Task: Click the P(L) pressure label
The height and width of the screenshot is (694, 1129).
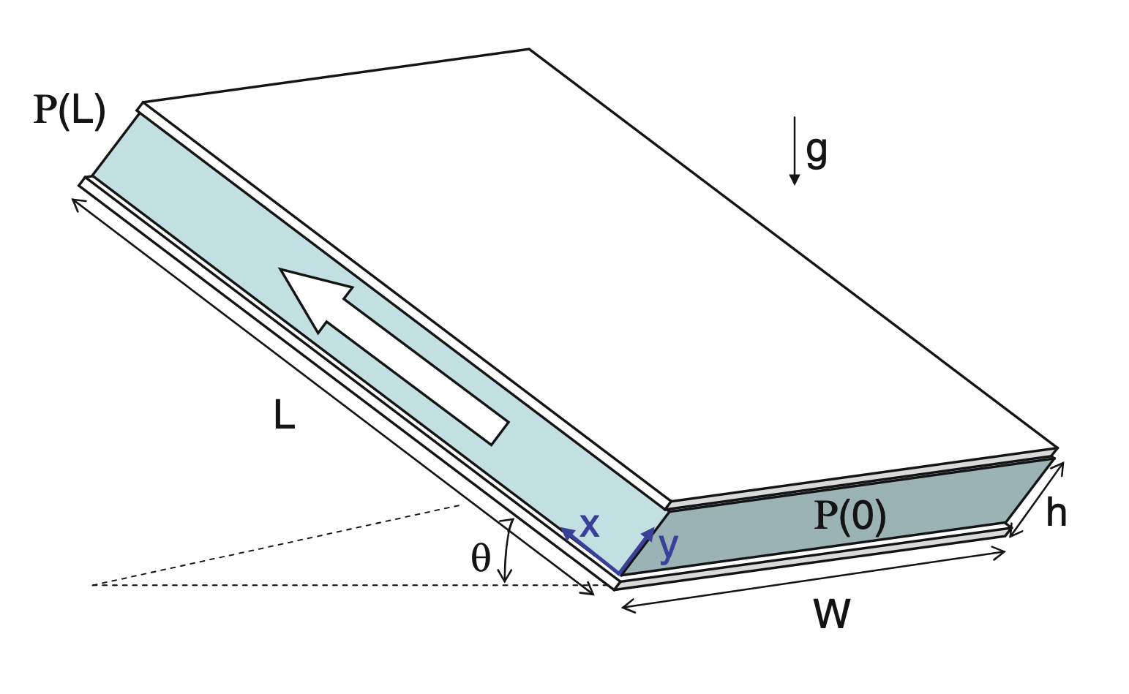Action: click(70, 111)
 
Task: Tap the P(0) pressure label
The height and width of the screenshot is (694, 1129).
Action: click(849, 516)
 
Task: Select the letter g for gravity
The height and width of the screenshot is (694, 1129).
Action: click(817, 150)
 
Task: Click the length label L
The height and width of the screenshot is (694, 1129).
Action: click(283, 415)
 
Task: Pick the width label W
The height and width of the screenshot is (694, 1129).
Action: click(831, 615)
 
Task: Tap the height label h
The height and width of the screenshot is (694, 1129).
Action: click(1056, 513)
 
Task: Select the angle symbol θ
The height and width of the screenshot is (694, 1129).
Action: click(480, 559)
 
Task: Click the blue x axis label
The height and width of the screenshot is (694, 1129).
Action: click(589, 525)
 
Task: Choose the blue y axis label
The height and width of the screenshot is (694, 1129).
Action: click(668, 546)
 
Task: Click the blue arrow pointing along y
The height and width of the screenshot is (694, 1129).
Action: click(637, 550)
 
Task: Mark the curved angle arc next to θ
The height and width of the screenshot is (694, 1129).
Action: click(505, 552)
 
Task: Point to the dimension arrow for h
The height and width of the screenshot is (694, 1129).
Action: click(1037, 499)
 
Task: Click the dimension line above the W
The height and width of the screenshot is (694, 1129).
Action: click(812, 579)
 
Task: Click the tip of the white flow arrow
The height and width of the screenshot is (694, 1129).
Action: click(282, 271)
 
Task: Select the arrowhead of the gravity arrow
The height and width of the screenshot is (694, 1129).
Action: click(795, 179)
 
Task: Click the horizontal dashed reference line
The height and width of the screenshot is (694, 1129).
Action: click(293, 585)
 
